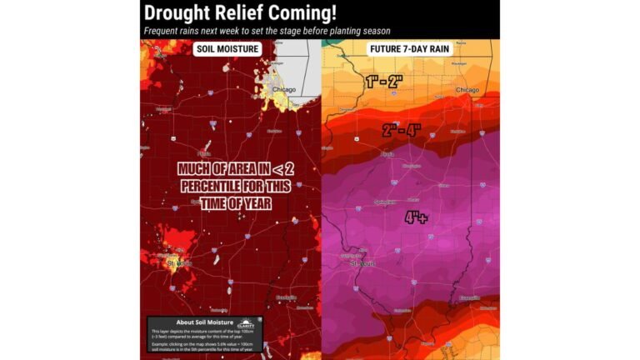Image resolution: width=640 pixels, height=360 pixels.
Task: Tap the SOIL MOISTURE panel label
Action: click(x=227, y=49)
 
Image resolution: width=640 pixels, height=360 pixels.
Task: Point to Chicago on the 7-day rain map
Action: click(x=467, y=90)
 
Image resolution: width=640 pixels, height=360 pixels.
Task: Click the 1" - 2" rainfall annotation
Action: click(x=383, y=82)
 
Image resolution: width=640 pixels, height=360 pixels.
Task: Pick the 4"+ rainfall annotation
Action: click(x=417, y=218)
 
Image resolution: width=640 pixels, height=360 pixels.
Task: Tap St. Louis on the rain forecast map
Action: click(x=363, y=263)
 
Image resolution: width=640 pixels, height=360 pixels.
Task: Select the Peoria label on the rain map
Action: click(x=387, y=154)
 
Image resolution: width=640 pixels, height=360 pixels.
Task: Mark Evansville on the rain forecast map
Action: click(x=469, y=297)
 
